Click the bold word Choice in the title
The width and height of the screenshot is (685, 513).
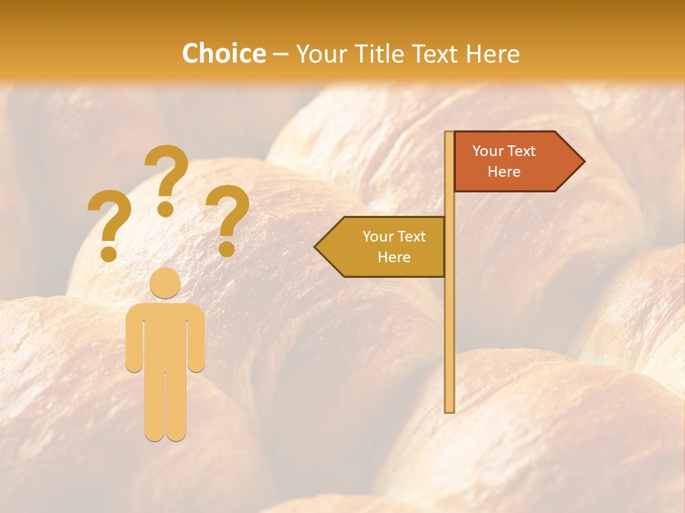coord(223,53)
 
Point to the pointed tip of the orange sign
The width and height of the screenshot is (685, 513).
coord(583,162)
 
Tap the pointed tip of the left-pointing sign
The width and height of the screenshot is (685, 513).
coord(316,247)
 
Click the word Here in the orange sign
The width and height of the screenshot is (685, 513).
coord(504,172)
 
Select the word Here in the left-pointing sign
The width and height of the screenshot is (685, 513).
coord(394,257)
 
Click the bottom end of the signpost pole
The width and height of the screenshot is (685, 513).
coord(449,410)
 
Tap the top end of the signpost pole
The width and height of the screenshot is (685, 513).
coord(449,133)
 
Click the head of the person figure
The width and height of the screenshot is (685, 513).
coord(166,283)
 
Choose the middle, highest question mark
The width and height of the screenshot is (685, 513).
coord(166,171)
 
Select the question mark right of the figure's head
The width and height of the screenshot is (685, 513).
coord(228,213)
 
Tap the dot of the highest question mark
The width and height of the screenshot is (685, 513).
coord(166,209)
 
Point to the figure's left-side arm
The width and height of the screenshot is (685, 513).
coord(134,338)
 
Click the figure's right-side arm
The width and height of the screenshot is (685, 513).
coord(196,338)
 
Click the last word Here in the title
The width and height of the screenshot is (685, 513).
coord(492,53)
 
